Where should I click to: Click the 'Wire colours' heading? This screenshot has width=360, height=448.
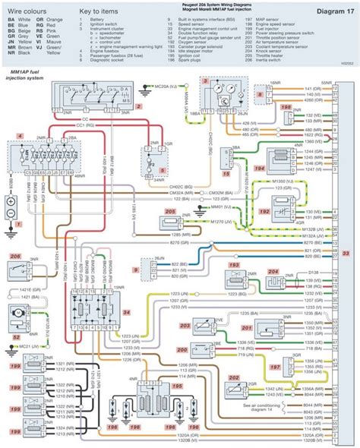pyautogui.click(x=27, y=12)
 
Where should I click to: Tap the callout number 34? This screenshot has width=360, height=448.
pyautogui.click(x=125, y=311)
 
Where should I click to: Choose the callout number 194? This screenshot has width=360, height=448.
pyautogui.click(x=259, y=169)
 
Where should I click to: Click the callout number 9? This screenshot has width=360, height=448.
pyautogui.click(x=135, y=269)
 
